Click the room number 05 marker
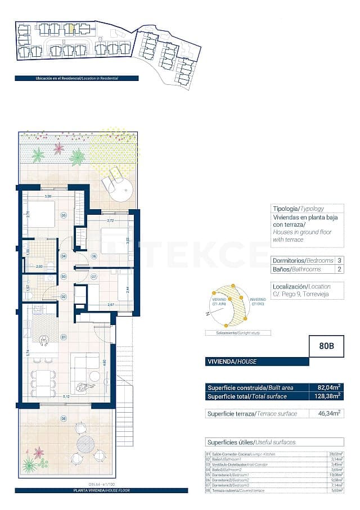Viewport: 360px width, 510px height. (x=64, y=215)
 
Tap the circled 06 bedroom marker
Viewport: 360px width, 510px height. (x=93, y=256)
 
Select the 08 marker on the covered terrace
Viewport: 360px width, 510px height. (x=64, y=418)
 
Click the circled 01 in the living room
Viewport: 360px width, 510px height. (x=64, y=337)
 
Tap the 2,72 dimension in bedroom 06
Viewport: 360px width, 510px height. (x=110, y=221)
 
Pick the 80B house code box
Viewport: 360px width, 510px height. (x=326, y=346)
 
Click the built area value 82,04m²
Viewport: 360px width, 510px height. (x=326, y=387)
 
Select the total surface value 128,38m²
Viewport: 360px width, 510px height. (x=326, y=396)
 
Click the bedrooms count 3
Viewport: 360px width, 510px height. (x=339, y=261)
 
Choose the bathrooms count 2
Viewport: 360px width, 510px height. (x=339, y=270)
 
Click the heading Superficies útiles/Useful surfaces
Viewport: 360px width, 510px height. (x=251, y=443)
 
